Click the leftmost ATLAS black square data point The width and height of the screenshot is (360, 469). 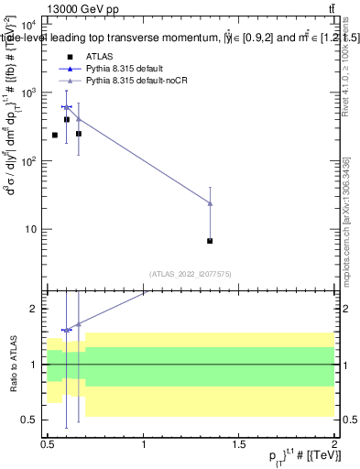55,136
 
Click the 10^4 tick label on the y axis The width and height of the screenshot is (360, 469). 30,26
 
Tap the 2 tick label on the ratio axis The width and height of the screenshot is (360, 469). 36,309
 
